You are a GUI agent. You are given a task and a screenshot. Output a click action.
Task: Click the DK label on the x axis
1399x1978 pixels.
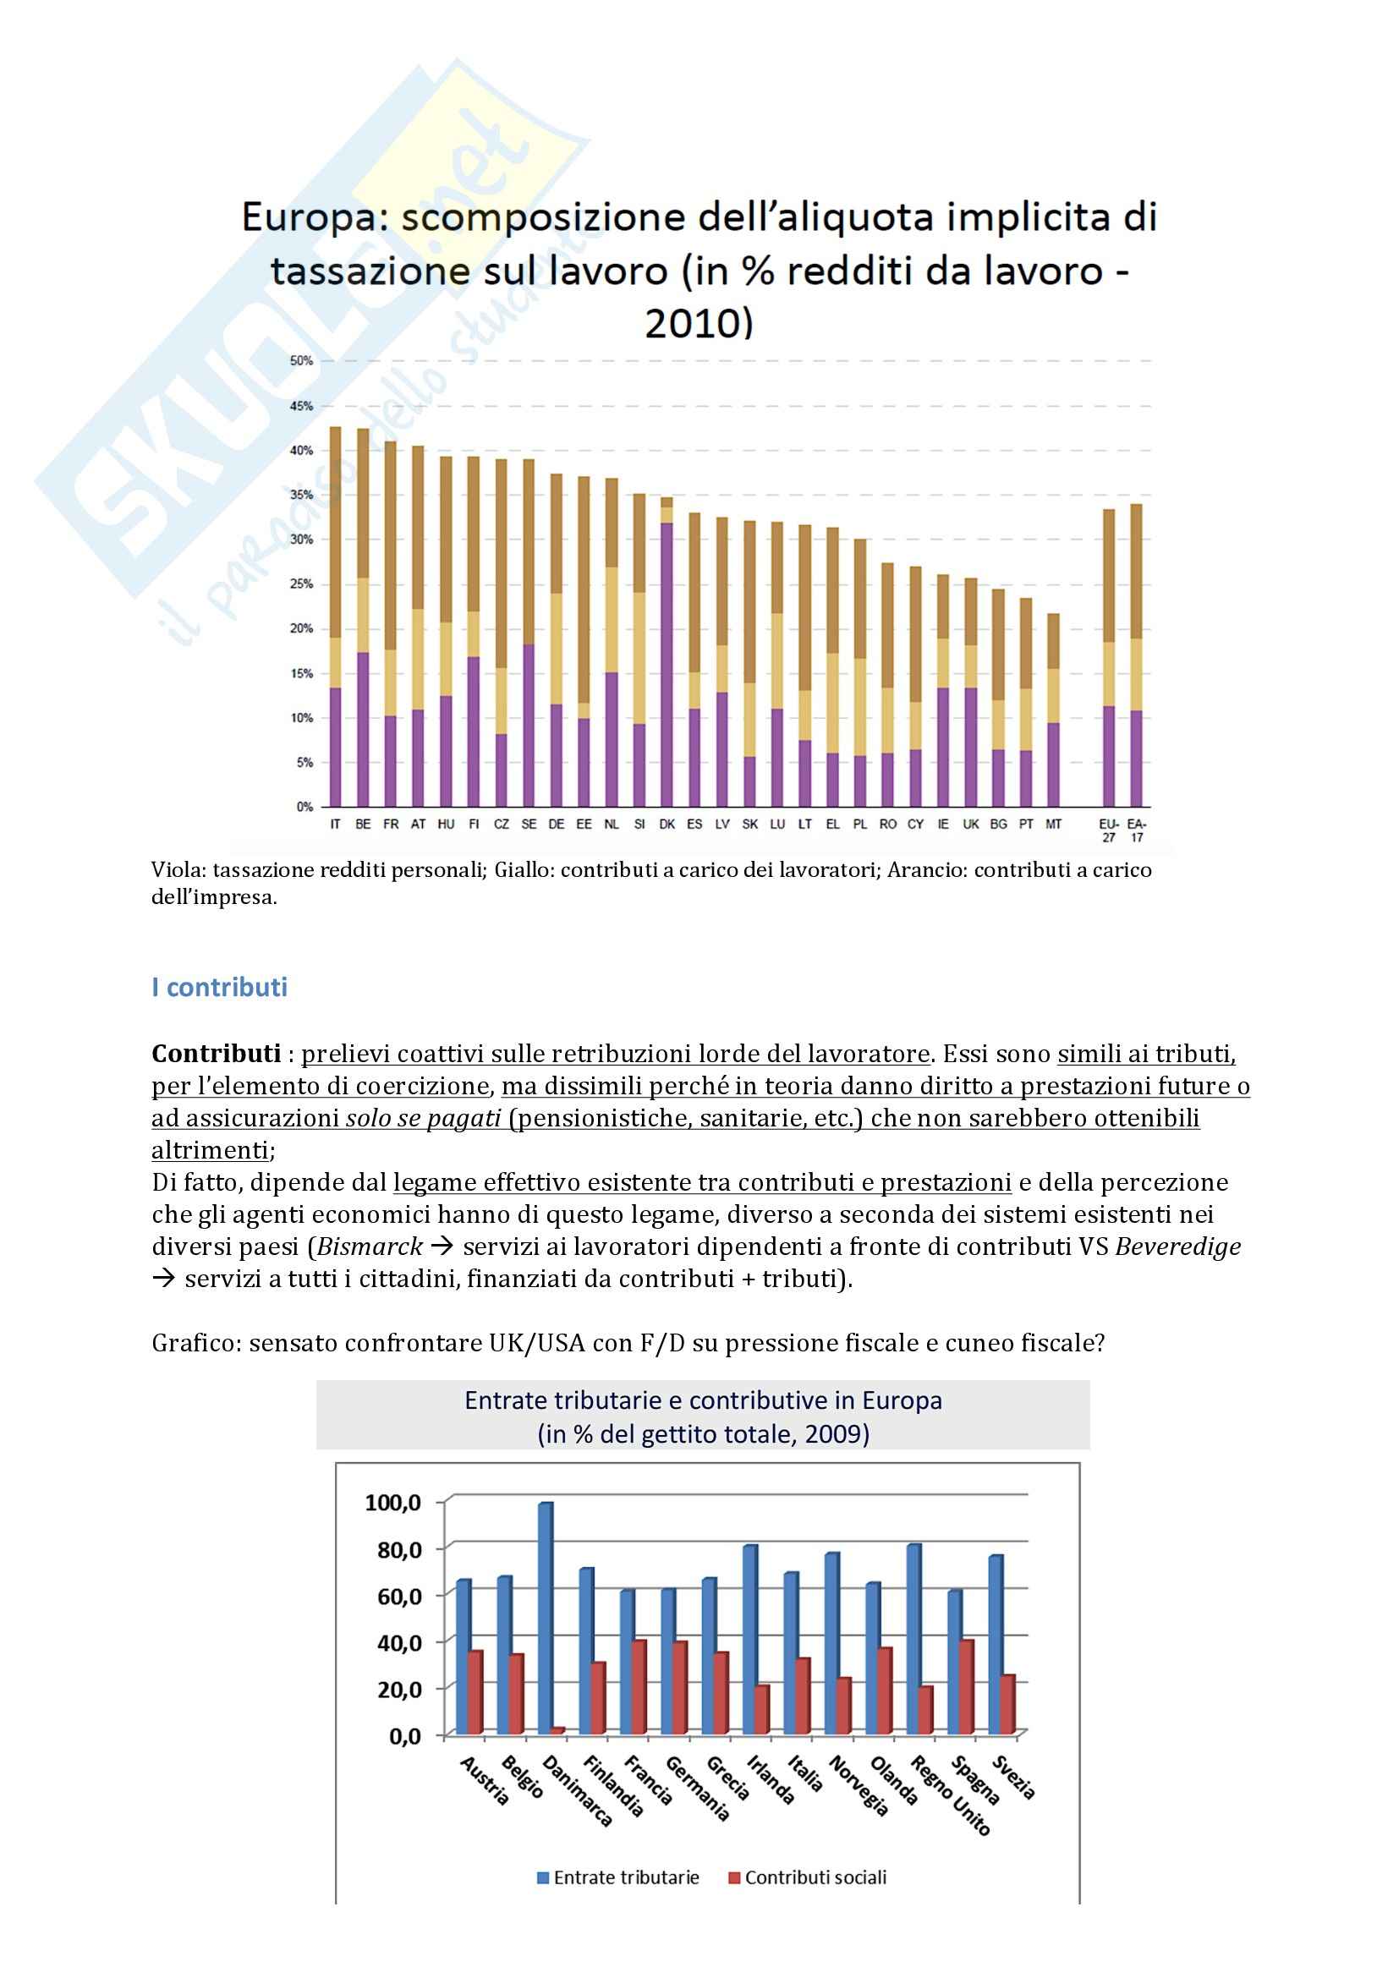pyautogui.click(x=667, y=825)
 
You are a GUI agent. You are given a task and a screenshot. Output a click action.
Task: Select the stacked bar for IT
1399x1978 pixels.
pyautogui.click(x=335, y=616)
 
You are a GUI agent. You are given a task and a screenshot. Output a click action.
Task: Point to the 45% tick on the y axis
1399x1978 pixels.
pyautogui.click(x=301, y=406)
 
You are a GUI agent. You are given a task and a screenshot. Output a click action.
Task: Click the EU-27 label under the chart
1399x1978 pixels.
pyautogui.click(x=1109, y=830)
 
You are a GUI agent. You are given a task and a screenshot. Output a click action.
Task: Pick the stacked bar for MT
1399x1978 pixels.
pyautogui.click(x=1053, y=710)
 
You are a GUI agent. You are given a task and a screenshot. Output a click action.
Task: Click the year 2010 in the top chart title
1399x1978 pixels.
pyautogui.click(x=699, y=324)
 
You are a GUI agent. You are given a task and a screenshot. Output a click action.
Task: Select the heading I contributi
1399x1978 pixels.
pyautogui.click(x=219, y=987)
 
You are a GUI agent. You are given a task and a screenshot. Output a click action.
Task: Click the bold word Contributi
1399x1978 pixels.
pyautogui.click(x=217, y=1054)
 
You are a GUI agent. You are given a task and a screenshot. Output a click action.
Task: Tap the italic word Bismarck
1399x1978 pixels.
pyautogui.click(x=370, y=1247)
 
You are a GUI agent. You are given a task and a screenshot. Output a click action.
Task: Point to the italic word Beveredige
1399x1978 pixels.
pyautogui.click(x=1177, y=1247)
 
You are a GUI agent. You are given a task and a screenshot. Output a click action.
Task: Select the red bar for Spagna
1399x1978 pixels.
pyautogui.click(x=968, y=1687)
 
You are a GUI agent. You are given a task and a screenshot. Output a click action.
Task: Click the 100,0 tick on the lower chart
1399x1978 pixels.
pyautogui.click(x=393, y=1504)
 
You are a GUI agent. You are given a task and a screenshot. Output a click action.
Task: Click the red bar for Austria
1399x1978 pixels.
pyautogui.click(x=475, y=1692)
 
